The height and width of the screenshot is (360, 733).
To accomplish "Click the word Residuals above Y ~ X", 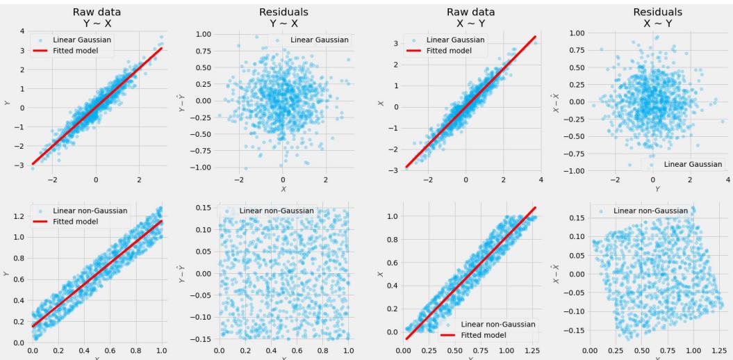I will (x=282, y=11).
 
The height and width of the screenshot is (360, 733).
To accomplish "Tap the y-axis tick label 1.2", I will (x=19, y=216).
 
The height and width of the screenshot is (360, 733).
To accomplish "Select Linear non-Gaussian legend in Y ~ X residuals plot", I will (x=277, y=211).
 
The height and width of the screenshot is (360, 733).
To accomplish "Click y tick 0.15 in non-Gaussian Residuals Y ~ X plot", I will (x=204, y=208).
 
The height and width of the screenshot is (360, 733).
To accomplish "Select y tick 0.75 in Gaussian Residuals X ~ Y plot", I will (x=577, y=50).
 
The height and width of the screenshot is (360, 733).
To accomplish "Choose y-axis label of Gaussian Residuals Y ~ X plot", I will (x=181, y=101).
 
